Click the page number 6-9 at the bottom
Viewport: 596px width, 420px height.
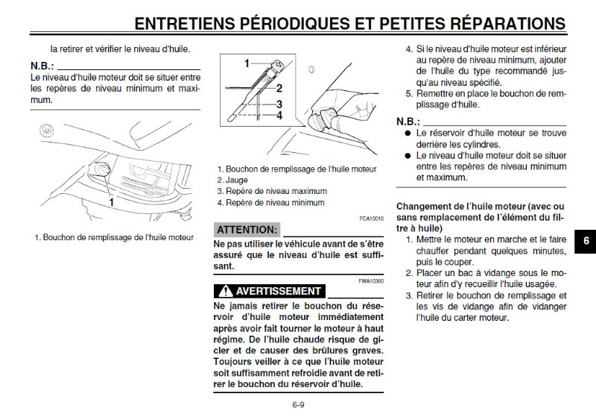(299, 405)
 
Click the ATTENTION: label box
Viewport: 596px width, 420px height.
(247, 229)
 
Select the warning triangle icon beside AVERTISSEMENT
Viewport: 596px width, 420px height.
(224, 291)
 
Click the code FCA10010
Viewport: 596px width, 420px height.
(370, 218)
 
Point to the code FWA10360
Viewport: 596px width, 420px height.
(370, 280)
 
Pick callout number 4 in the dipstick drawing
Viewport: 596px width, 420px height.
(279, 116)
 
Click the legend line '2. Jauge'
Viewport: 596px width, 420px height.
(232, 180)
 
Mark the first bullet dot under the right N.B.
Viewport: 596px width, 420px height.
(408, 133)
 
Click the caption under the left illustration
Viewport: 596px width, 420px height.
(114, 238)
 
